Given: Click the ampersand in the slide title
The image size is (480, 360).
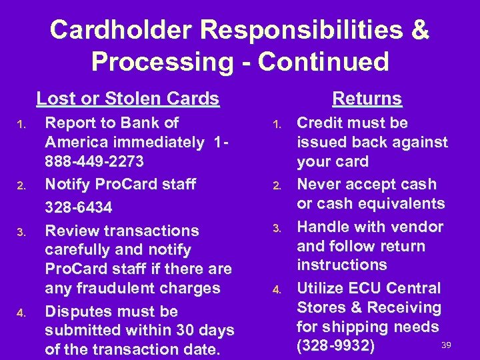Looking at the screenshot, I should (x=421, y=30).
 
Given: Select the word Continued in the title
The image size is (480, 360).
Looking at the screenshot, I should (x=324, y=62).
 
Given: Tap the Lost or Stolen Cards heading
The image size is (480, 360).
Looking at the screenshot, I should (x=127, y=99).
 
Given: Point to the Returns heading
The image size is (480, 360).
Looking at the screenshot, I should (x=367, y=99).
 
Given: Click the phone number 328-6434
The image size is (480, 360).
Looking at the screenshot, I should (x=78, y=208).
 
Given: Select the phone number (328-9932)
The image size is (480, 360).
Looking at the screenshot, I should (x=336, y=347).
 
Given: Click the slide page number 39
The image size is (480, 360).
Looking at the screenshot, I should (x=447, y=343).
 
